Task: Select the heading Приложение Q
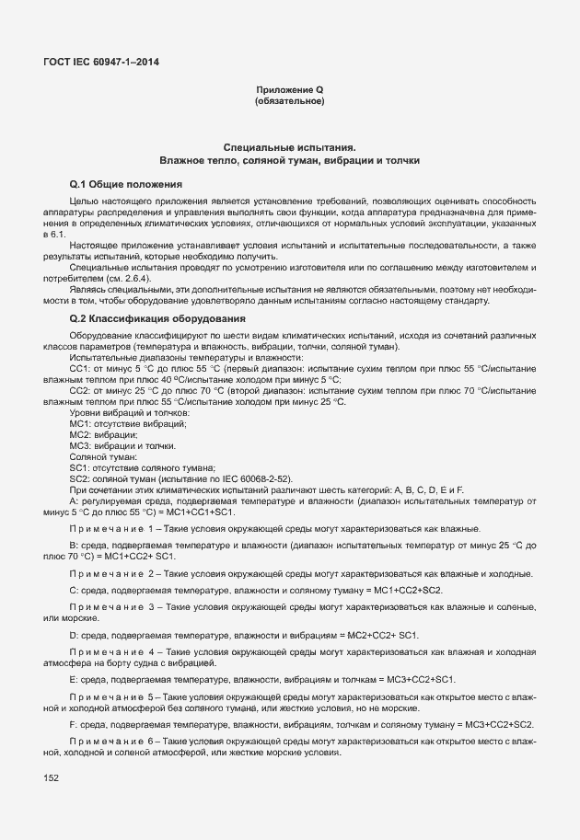(289, 89)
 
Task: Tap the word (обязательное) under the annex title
(289, 100)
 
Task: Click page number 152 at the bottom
(51, 778)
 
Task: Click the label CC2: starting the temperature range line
(80, 391)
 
